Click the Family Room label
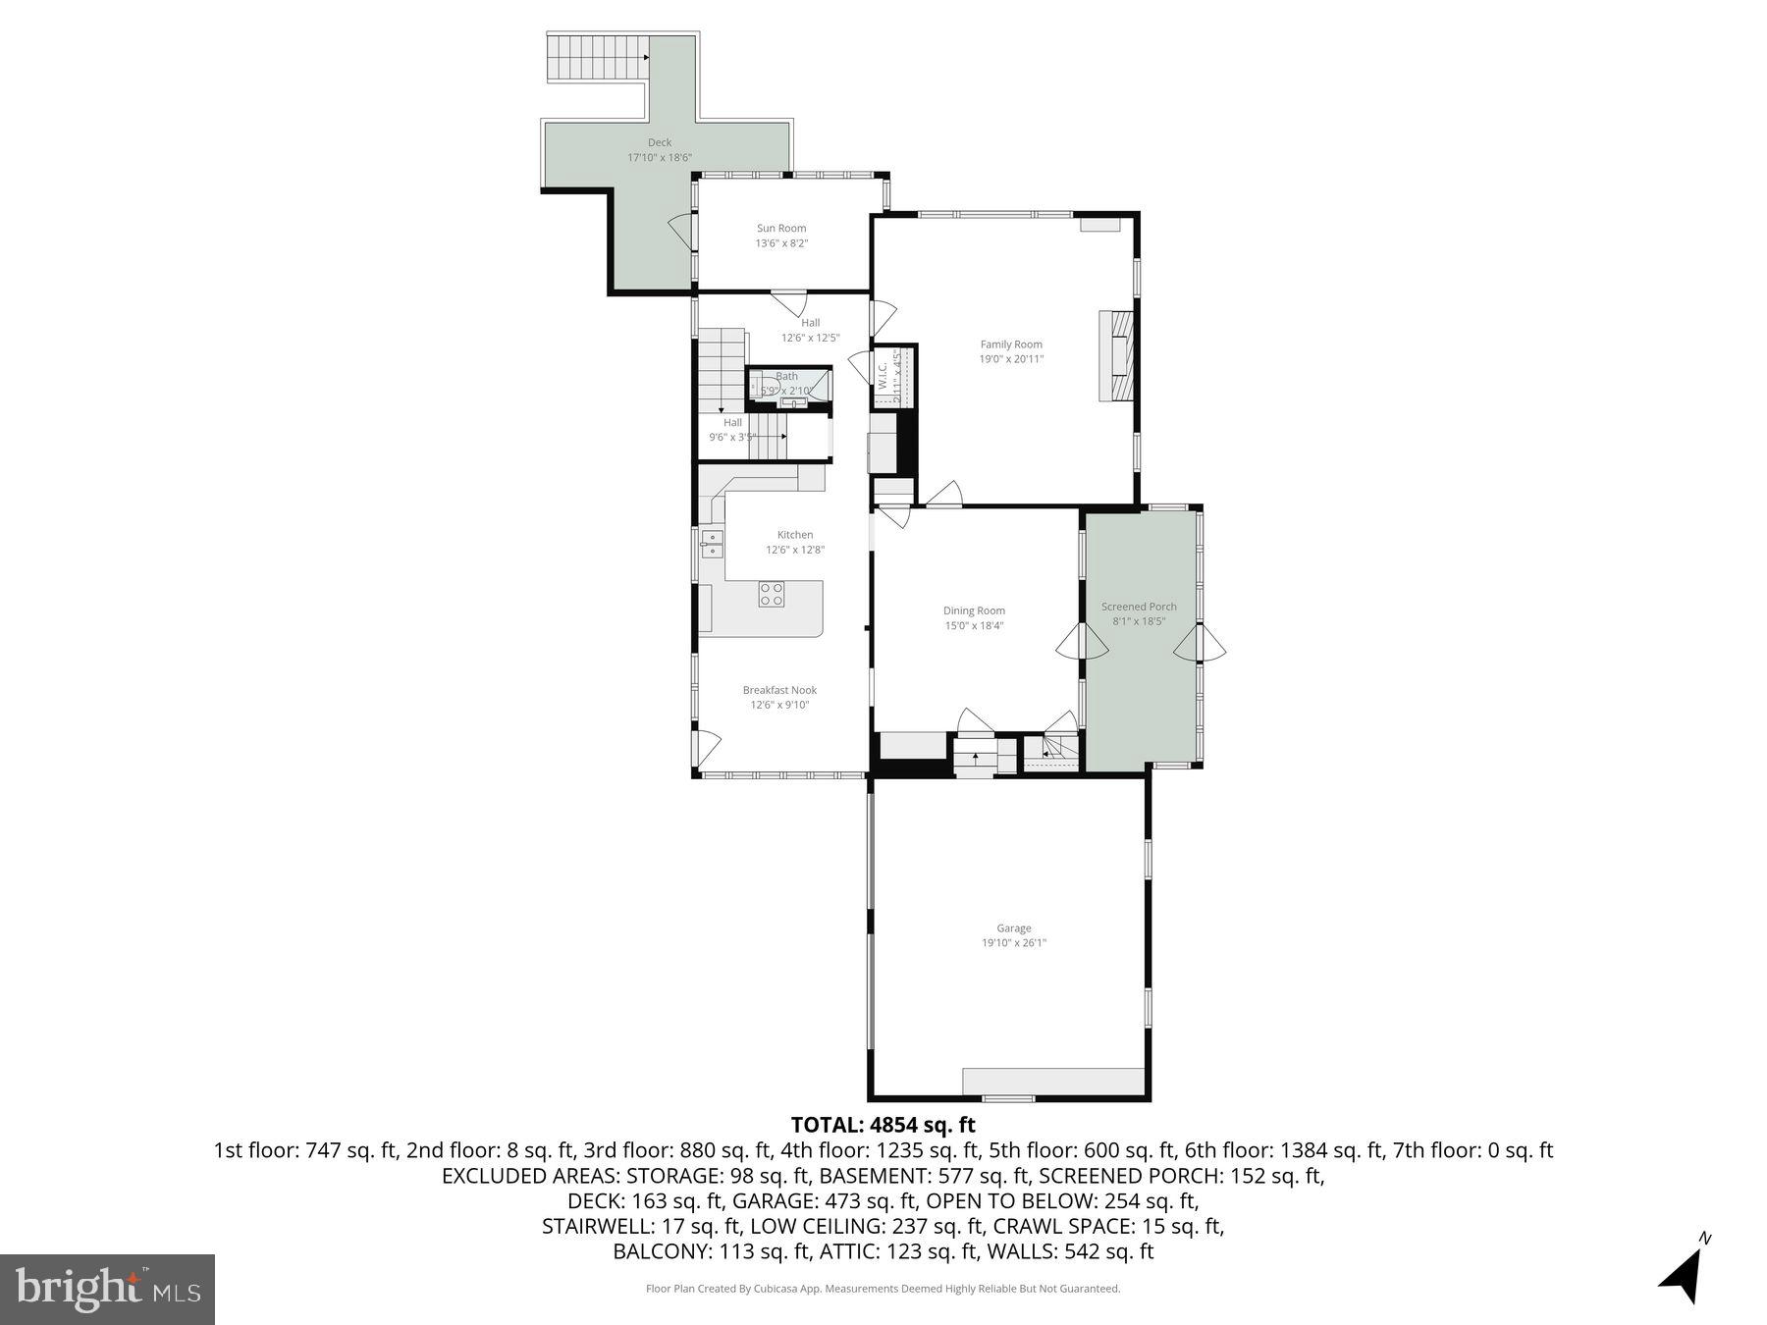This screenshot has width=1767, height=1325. tap(1011, 344)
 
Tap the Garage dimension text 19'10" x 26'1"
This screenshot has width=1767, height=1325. tap(1014, 943)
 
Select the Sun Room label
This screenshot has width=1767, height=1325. tap(781, 229)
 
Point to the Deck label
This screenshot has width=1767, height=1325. tap(660, 143)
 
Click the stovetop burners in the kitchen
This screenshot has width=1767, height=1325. tap(772, 594)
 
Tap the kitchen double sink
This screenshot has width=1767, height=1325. tap(712, 543)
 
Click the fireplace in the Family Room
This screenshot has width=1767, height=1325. tap(1117, 355)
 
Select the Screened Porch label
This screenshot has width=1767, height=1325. tap(1139, 607)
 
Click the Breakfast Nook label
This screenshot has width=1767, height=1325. tap(779, 690)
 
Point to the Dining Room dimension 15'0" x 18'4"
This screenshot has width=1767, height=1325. tap(974, 626)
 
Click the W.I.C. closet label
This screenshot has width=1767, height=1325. tap(883, 375)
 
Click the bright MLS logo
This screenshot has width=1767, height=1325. tap(107, 1289)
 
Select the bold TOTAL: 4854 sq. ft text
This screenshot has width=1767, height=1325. tap(883, 1125)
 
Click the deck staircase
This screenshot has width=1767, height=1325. tap(597, 57)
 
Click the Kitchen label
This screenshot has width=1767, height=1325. tap(795, 535)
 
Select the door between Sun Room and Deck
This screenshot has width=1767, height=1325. tap(682, 233)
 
